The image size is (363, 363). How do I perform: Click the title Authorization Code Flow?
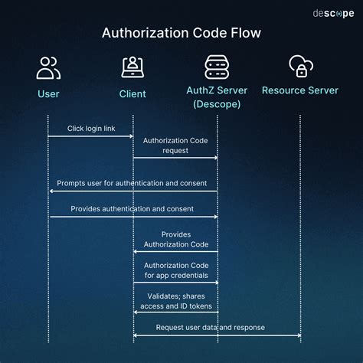[x=181, y=33]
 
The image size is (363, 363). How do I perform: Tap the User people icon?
[x=48, y=68]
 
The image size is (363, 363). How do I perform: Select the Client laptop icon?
[x=133, y=67]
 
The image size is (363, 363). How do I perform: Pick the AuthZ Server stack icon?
[x=217, y=67]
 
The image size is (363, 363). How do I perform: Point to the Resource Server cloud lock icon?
[x=300, y=67]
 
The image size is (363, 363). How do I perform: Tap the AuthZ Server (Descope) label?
[x=217, y=97]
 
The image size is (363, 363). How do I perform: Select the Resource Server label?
[x=300, y=91]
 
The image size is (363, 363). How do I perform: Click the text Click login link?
[x=91, y=129]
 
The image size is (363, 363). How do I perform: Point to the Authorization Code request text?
[x=175, y=146]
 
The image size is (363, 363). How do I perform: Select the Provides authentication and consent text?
[x=132, y=208]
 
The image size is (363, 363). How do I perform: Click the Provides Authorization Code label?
[x=175, y=239]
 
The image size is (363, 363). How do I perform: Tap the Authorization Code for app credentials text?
[x=175, y=270]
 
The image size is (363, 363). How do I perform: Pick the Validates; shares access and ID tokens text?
[x=175, y=300]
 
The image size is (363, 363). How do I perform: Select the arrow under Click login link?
[x=91, y=136]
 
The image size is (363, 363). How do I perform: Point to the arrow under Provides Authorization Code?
[x=175, y=251]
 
